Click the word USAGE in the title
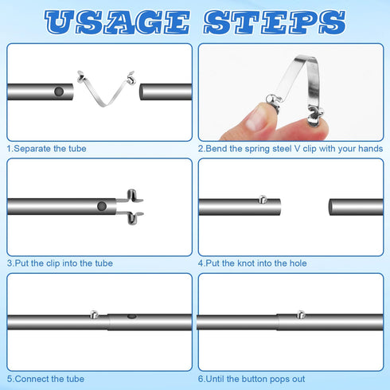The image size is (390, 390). (x=118, y=22)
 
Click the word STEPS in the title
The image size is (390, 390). (x=275, y=22)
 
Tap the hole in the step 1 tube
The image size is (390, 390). (x=59, y=92)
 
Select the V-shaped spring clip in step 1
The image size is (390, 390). (x=106, y=88)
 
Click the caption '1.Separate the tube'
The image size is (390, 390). (x=47, y=149)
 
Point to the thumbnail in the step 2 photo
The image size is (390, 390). (x=255, y=120)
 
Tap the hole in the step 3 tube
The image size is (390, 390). (x=102, y=206)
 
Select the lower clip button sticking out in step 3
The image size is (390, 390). (x=132, y=218)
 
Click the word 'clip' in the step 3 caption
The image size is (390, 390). (x=53, y=263)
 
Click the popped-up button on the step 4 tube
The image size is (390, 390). (x=263, y=199)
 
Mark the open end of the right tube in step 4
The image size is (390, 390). (x=332, y=207)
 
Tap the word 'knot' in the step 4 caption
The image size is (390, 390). (x=246, y=263)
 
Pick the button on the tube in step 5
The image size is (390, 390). (x=95, y=314)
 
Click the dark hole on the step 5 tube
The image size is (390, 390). (x=131, y=317)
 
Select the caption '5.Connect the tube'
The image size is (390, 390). (x=45, y=379)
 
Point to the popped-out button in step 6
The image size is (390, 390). (x=301, y=314)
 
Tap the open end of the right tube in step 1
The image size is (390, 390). (x=142, y=92)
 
